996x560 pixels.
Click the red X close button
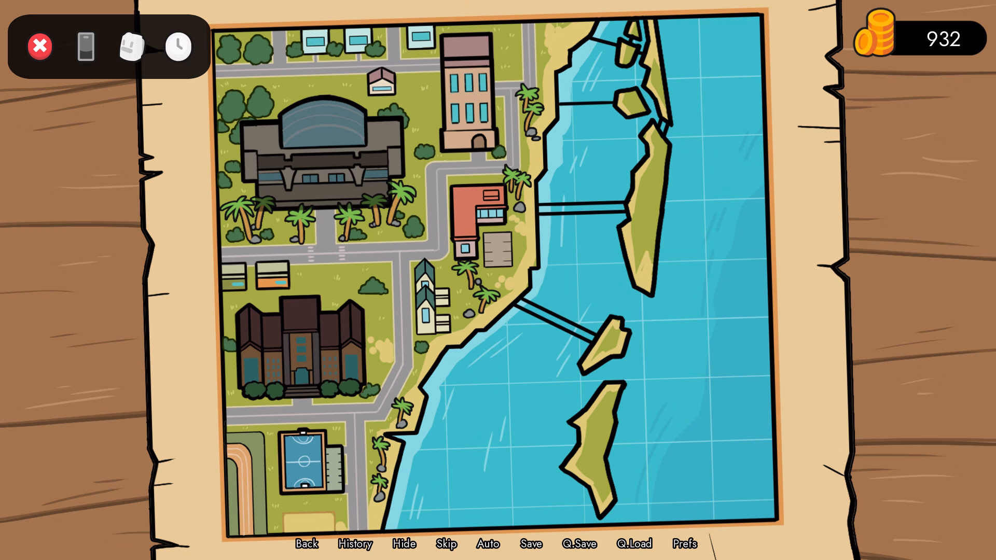coord(40,47)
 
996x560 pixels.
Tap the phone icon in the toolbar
coord(86,47)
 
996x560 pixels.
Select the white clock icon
coord(178,47)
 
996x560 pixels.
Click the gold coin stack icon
coord(875,34)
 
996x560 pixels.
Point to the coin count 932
coord(943,39)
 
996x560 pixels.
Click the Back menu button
coord(307,543)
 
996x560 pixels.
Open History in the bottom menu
coord(355,543)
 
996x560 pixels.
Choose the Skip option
coord(446,543)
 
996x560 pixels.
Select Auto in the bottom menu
coord(488,543)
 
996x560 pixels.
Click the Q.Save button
coord(579,543)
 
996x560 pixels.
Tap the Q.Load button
coord(634,543)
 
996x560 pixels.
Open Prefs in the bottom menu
coord(685,543)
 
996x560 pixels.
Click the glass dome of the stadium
coord(323,124)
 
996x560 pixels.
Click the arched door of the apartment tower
coord(478,142)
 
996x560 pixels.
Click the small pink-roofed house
coord(382,81)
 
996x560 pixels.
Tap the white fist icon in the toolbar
coord(132,47)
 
